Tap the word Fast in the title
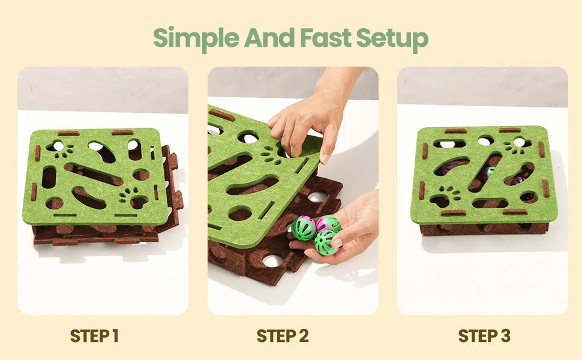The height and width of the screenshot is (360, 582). point(326,37)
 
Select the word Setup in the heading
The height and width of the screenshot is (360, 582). point(392,39)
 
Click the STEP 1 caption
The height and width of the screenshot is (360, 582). point(94,336)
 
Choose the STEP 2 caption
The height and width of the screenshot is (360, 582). point(283,336)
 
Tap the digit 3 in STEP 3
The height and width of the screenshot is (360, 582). point(505,336)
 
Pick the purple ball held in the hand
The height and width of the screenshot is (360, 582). point(328,224)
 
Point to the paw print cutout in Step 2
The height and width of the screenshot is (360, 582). point(272,155)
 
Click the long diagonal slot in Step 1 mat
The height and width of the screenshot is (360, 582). point(94,173)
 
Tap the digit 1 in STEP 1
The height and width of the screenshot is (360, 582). point(115,336)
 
